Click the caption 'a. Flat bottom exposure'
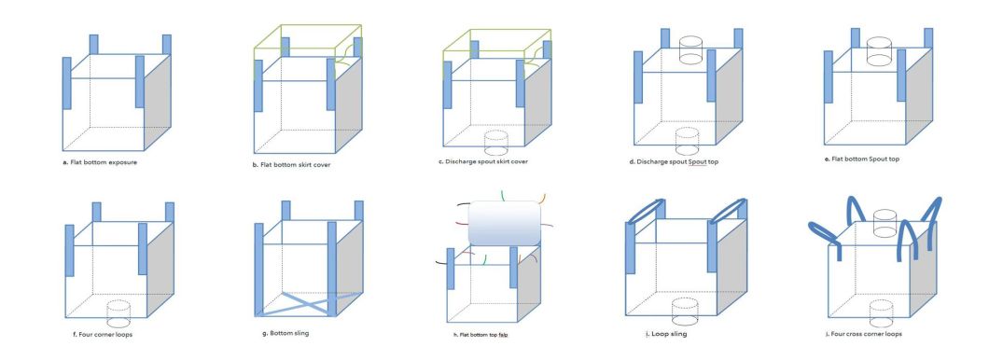point(100,162)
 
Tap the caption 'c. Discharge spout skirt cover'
point(483,161)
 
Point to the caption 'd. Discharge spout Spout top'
point(674,162)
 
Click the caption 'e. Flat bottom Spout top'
point(862,159)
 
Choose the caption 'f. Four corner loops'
point(103,334)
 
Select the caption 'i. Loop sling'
point(666,334)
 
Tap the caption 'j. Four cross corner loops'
point(863,334)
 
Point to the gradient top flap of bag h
point(505,223)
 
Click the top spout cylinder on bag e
point(881,51)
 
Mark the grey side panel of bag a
point(158,103)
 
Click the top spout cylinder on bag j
point(884,224)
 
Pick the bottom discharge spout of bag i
point(685,312)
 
